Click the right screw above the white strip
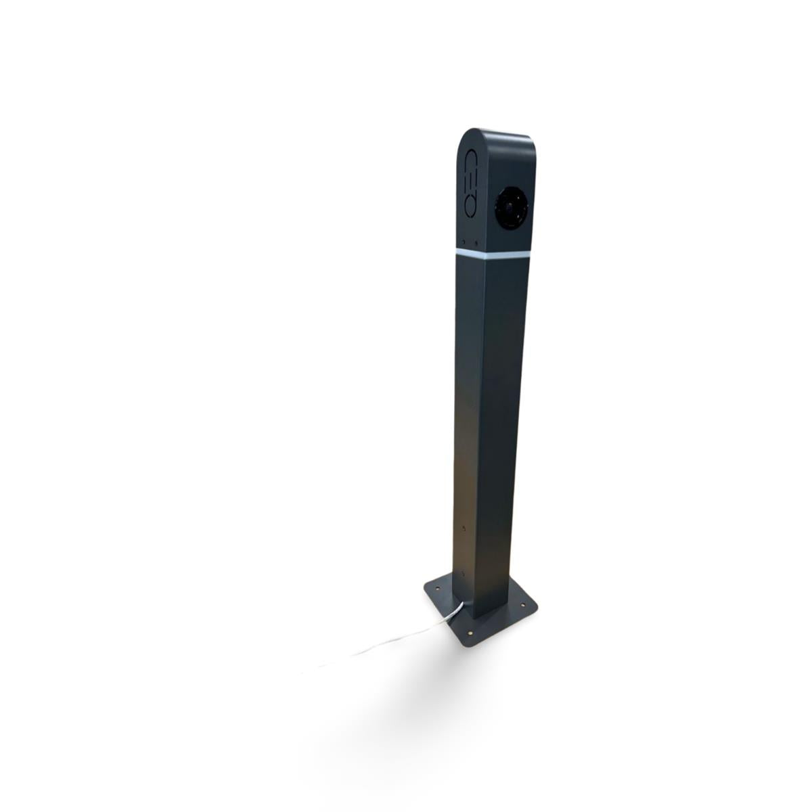[x=477, y=242]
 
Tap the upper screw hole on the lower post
[x=463, y=527]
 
